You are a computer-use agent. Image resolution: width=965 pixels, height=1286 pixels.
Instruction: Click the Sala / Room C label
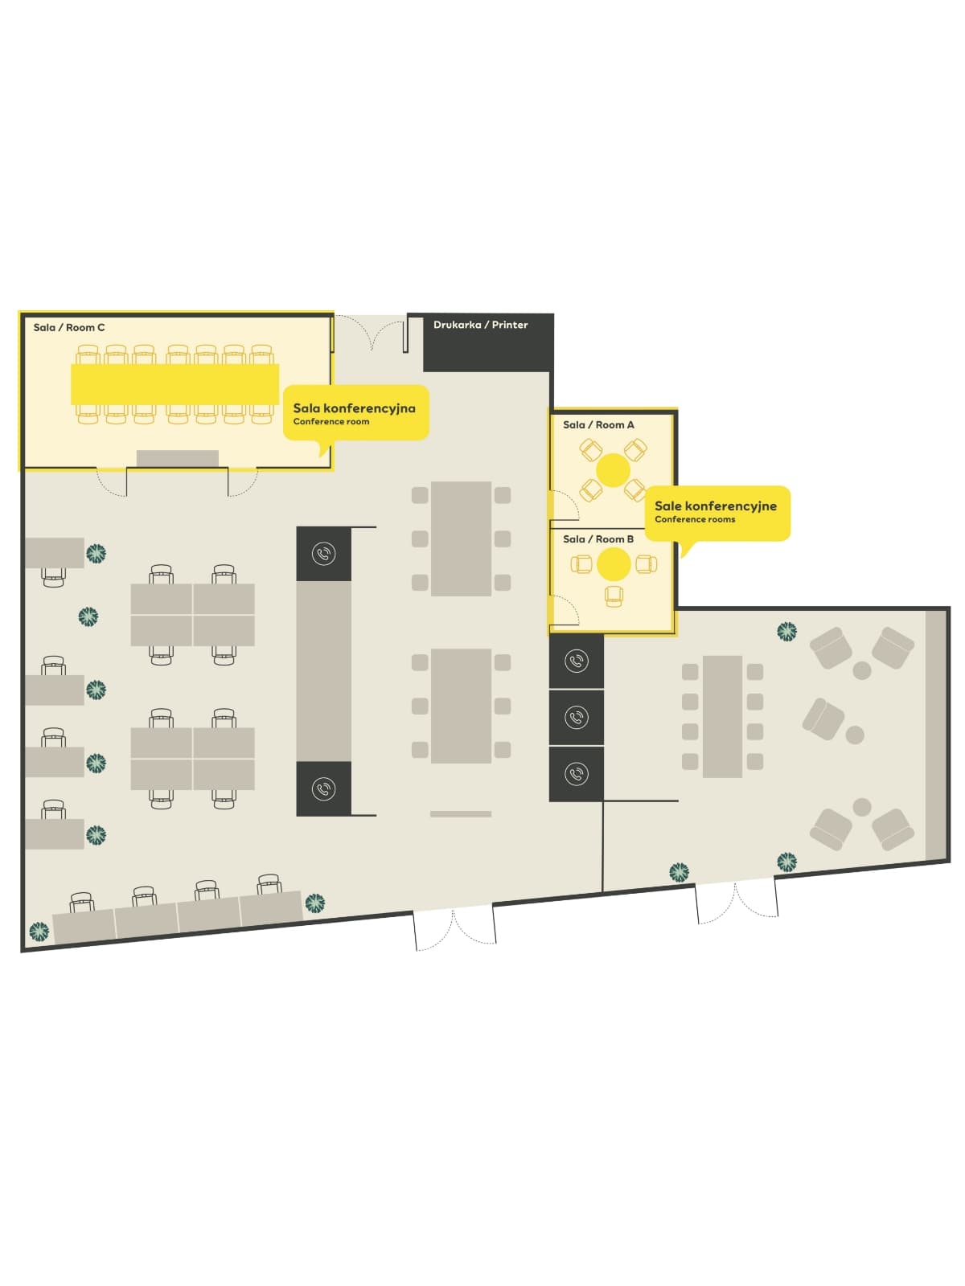coord(69,327)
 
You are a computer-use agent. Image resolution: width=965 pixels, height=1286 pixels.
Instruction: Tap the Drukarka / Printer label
coord(480,325)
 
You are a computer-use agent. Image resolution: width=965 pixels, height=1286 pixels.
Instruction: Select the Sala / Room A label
coord(598,424)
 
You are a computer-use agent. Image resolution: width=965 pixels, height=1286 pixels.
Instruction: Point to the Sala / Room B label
coord(598,539)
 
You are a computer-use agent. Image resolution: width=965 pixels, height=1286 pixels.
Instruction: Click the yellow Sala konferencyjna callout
coord(355,413)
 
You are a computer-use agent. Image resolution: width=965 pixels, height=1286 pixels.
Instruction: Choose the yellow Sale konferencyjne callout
coord(717,513)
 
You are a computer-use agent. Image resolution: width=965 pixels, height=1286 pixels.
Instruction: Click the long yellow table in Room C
coord(175,384)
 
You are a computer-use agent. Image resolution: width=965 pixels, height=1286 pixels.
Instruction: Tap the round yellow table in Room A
coord(613,470)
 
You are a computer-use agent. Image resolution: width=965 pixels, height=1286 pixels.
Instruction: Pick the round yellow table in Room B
coord(614,564)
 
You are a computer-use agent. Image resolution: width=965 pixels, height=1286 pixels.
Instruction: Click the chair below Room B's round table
coord(614,596)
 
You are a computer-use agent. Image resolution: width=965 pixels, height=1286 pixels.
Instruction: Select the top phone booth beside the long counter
coord(323,554)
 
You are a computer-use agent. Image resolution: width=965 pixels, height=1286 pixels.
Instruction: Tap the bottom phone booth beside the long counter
coord(323,788)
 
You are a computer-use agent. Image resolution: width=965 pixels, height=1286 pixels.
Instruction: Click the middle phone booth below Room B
coord(577,717)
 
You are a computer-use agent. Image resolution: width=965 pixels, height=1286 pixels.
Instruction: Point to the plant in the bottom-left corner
coord(39,931)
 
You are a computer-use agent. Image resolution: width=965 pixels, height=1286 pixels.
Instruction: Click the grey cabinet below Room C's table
coord(178,458)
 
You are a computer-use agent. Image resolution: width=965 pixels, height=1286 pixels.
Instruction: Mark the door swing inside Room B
coord(565,611)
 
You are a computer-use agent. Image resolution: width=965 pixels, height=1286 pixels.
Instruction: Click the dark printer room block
coord(488,342)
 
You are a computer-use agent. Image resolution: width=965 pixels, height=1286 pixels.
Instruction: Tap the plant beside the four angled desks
coord(314,903)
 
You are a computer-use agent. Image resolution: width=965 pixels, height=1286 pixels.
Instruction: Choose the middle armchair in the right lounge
coord(823,719)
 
